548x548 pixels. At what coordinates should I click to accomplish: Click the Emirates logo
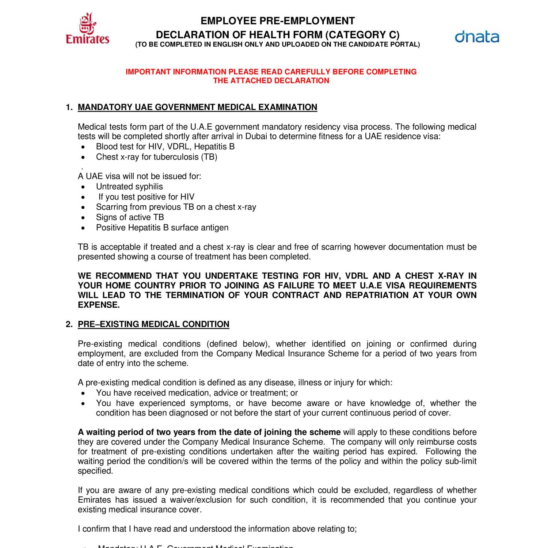(x=87, y=29)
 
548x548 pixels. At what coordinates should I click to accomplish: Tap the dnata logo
(x=477, y=37)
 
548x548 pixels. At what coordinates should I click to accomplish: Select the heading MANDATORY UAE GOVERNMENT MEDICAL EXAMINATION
(x=197, y=107)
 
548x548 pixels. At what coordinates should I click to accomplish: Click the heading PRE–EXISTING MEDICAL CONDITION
(x=153, y=324)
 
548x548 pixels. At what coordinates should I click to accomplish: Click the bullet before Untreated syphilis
(x=84, y=187)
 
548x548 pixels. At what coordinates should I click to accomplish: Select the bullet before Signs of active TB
(x=84, y=217)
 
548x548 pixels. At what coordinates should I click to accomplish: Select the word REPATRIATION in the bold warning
(x=377, y=295)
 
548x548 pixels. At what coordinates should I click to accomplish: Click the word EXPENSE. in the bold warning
(x=99, y=305)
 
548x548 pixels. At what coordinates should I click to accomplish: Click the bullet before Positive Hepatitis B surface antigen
(x=84, y=228)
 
